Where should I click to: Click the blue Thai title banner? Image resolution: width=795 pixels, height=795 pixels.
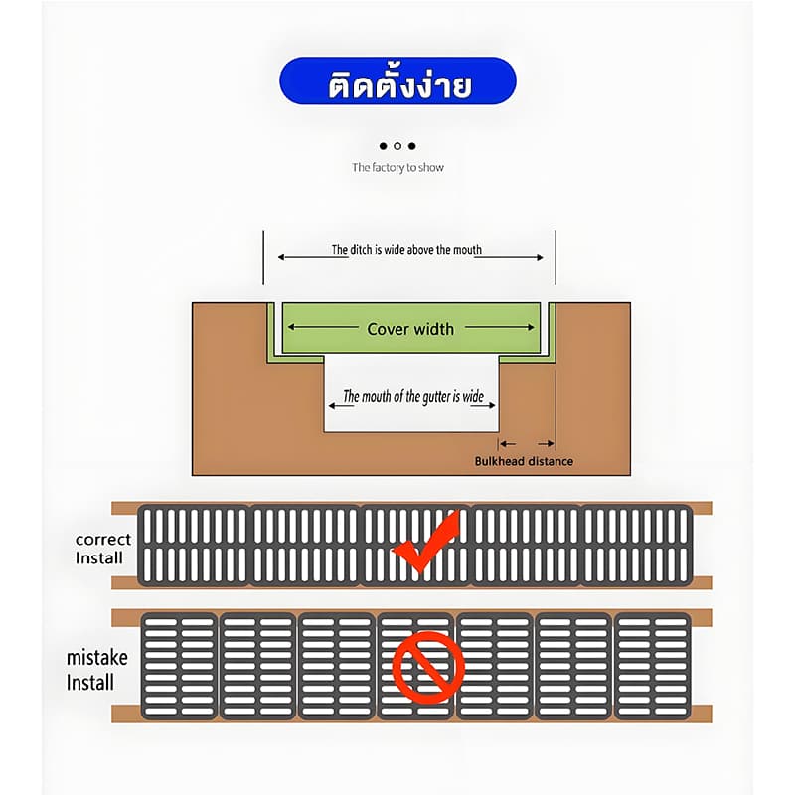pyautogui.click(x=397, y=81)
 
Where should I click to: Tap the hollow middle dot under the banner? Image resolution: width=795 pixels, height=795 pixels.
pyautogui.click(x=397, y=146)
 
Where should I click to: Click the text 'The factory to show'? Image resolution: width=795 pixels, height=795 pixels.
pyautogui.click(x=398, y=167)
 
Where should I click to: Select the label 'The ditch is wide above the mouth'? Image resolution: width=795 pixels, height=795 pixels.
pyautogui.click(x=406, y=250)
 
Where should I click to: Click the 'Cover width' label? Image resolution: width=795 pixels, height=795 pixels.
pyautogui.click(x=410, y=329)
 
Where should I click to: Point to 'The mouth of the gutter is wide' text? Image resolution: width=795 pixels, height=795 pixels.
pyautogui.click(x=413, y=396)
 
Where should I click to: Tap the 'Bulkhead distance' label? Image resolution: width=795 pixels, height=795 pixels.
pyautogui.click(x=524, y=461)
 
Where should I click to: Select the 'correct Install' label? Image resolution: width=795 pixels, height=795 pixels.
pyautogui.click(x=103, y=549)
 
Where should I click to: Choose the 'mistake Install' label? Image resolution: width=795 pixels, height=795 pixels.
pyautogui.click(x=96, y=670)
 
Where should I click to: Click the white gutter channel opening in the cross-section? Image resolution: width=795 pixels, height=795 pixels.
pyautogui.click(x=411, y=393)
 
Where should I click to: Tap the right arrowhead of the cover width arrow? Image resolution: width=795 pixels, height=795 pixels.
pyautogui.click(x=531, y=328)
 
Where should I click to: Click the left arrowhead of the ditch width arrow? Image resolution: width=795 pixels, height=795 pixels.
pyautogui.click(x=282, y=257)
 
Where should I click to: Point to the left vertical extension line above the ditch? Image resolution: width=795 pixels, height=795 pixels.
pyautogui.click(x=263, y=257)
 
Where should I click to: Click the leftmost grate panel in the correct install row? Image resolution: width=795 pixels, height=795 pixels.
pyautogui.click(x=194, y=545)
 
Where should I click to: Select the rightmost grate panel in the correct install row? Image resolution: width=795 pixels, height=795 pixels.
pyautogui.click(x=636, y=545)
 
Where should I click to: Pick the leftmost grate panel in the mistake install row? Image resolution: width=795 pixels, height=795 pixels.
pyautogui.click(x=179, y=666)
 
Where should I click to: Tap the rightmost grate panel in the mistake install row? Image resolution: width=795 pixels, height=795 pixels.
pyautogui.click(x=653, y=666)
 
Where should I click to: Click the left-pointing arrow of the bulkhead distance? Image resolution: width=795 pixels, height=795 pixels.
pyautogui.click(x=508, y=444)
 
